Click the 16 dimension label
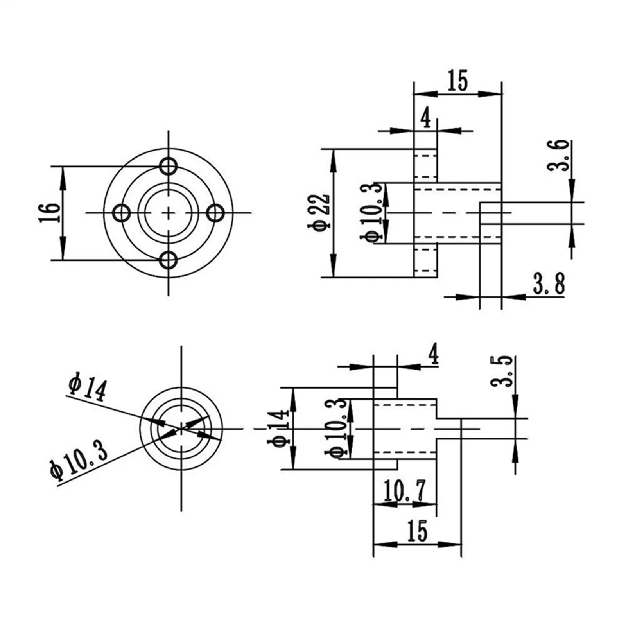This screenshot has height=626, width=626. tap(50, 213)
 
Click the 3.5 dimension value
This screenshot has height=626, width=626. tap(502, 371)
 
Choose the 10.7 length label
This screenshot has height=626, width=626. tap(404, 491)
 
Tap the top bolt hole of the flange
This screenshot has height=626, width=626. tap(169, 166)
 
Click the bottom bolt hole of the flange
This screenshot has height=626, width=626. tap(169, 260)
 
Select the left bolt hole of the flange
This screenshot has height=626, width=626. tap(122, 213)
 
